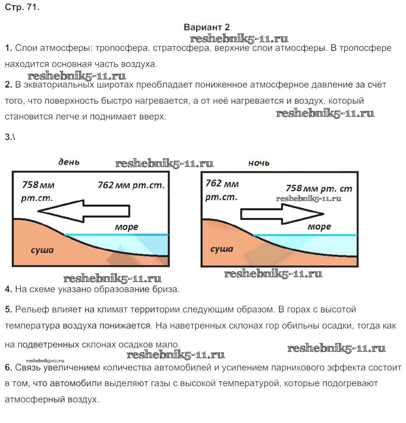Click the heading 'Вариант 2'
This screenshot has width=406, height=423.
click(x=207, y=27)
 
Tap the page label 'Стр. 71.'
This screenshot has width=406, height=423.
click(x=22, y=8)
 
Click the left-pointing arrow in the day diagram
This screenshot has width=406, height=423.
click(x=83, y=211)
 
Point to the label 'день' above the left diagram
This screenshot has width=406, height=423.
click(x=69, y=162)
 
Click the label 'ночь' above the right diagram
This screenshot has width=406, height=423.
click(x=259, y=163)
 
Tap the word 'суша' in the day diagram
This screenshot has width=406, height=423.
click(x=42, y=250)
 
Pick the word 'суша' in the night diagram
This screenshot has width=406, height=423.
click(x=222, y=249)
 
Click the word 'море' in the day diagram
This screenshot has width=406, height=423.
click(x=126, y=227)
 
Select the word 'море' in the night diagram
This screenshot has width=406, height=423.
click(x=319, y=226)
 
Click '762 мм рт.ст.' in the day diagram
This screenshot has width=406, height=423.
click(x=131, y=185)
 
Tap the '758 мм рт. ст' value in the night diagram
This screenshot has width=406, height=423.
click(x=319, y=188)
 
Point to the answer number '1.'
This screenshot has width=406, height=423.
click(x=9, y=48)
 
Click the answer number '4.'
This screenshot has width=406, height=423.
click(x=9, y=289)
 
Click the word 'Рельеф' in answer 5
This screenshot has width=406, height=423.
click(x=29, y=310)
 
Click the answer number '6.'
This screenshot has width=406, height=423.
click(x=9, y=368)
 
